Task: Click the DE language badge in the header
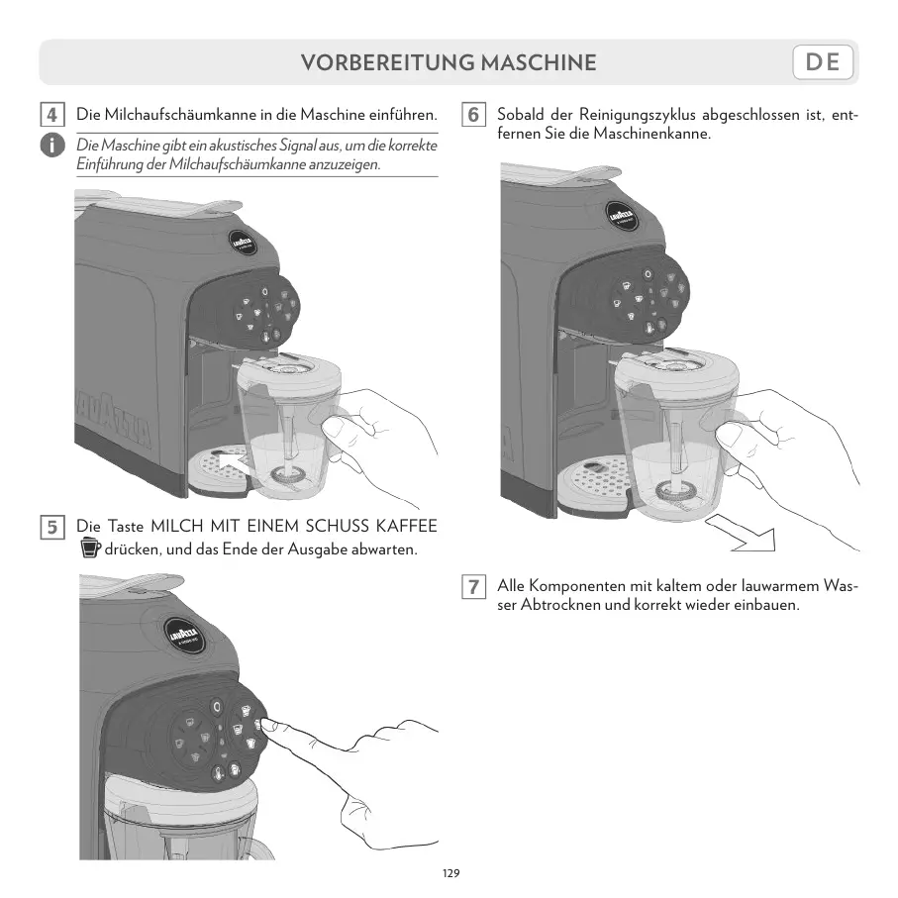tap(823, 63)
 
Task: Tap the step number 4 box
tap(53, 114)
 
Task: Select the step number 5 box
tap(53, 526)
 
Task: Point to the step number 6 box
tap(473, 114)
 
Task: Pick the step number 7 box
tap(473, 586)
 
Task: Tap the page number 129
tap(450, 873)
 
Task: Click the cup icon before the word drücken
tap(90, 548)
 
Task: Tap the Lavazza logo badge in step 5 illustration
tap(188, 634)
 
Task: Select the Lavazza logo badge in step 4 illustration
tap(244, 241)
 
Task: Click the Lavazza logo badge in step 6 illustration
tap(635, 218)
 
